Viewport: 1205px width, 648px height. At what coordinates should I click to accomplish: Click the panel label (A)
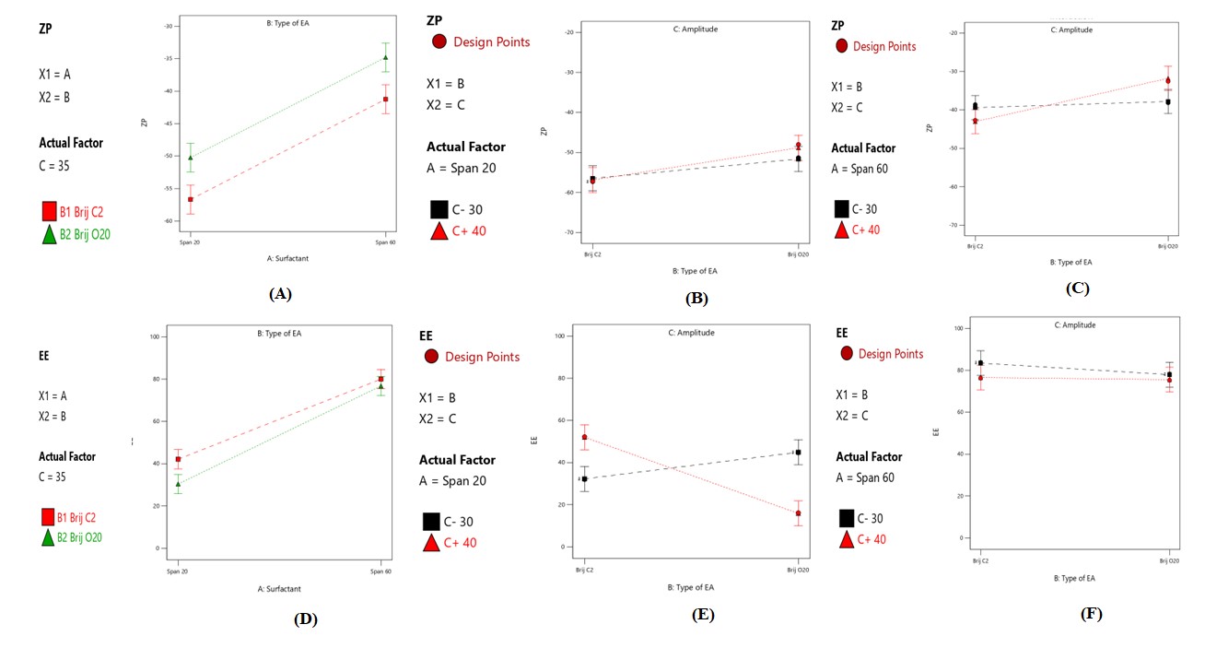click(280, 294)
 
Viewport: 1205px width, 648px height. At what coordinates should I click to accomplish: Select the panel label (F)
click(1093, 613)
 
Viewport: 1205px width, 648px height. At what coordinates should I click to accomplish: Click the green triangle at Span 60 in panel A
click(386, 58)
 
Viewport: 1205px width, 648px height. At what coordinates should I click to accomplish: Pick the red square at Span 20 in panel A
click(191, 199)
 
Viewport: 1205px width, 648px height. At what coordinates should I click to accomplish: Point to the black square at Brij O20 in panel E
click(798, 453)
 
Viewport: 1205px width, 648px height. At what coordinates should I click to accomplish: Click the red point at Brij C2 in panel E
click(584, 437)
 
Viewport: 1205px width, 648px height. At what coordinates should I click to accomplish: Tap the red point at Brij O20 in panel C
click(1168, 80)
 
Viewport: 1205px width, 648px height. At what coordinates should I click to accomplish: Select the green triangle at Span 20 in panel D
click(178, 484)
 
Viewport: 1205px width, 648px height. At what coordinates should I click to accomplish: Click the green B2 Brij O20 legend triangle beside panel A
click(50, 234)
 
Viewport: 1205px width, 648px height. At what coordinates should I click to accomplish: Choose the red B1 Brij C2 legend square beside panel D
click(48, 517)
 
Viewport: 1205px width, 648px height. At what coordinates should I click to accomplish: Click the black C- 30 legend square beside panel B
click(439, 209)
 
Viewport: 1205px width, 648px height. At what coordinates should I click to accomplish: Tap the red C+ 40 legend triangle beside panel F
click(846, 539)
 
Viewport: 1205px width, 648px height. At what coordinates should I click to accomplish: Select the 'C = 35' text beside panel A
click(54, 166)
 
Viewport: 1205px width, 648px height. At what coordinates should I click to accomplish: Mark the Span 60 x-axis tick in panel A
click(386, 242)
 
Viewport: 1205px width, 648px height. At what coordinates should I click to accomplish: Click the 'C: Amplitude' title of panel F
click(1074, 324)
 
